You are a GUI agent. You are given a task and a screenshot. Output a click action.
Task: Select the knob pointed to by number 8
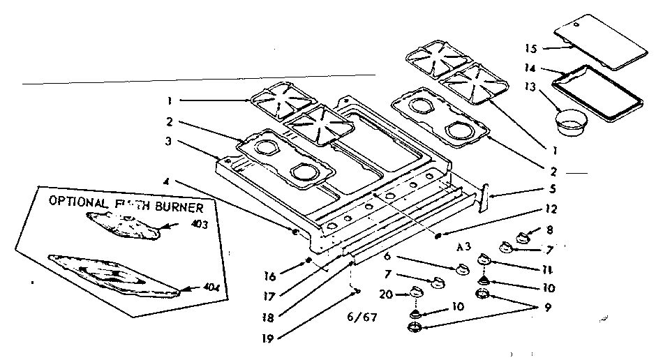pos(521,240)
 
